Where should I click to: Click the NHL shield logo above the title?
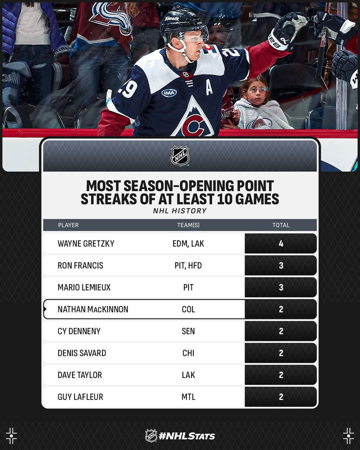click(x=180, y=156)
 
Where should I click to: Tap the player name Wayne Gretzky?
click(x=86, y=243)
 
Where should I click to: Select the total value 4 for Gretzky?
click(x=281, y=243)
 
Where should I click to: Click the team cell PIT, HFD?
click(x=188, y=265)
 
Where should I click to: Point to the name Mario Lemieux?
click(x=84, y=287)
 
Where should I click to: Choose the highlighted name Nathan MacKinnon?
click(x=93, y=309)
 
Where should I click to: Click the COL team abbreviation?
click(x=188, y=309)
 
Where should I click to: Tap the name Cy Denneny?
click(x=79, y=331)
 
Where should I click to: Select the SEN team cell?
click(x=188, y=331)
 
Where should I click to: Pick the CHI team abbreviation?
click(x=188, y=353)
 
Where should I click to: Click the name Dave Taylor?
click(x=80, y=375)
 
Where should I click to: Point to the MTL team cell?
click(x=188, y=397)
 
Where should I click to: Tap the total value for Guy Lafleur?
click(x=281, y=397)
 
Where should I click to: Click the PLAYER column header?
click(x=68, y=225)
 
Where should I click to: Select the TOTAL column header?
click(x=281, y=225)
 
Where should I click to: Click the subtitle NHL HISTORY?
click(x=179, y=211)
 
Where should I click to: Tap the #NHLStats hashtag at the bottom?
click(x=186, y=436)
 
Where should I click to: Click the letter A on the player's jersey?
click(x=209, y=88)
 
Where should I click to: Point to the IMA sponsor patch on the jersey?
click(x=169, y=93)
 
